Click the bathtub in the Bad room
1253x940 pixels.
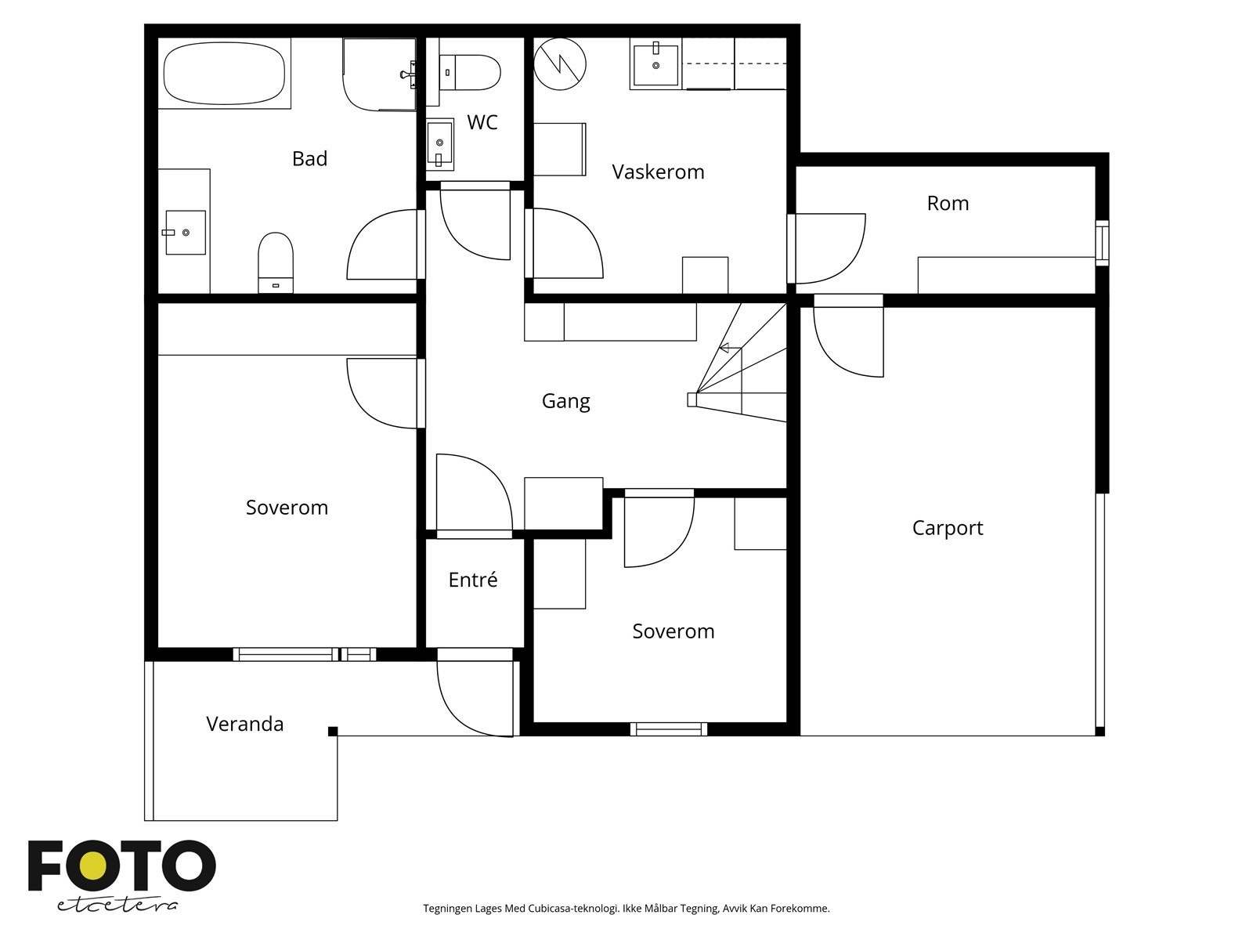tap(224, 73)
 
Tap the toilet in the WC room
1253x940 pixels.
tap(470, 73)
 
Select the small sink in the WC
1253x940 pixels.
tap(440, 144)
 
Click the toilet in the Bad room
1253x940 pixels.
tap(276, 262)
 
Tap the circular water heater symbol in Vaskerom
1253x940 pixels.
tap(560, 64)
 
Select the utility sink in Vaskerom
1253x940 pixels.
tap(656, 64)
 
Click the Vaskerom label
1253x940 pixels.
tap(658, 172)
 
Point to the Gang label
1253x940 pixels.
tap(565, 400)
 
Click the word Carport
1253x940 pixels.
tap(948, 528)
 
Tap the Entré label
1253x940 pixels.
tap(473, 580)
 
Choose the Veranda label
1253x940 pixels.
tap(245, 724)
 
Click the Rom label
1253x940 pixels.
tap(948, 203)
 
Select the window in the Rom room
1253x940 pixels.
tap(1103, 243)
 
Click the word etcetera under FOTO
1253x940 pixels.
tap(117, 906)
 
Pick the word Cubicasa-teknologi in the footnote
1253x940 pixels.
tap(574, 909)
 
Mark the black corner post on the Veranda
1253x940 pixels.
tap(333, 731)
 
